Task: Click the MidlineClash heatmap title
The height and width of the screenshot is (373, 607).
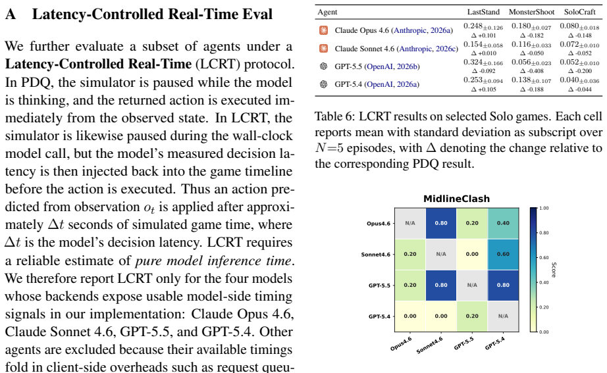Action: click(x=456, y=199)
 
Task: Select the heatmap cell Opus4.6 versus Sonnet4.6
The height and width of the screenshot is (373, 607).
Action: click(x=441, y=223)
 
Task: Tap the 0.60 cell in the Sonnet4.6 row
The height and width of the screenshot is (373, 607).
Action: click(x=503, y=254)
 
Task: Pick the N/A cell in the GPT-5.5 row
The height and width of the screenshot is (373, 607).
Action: click(x=472, y=285)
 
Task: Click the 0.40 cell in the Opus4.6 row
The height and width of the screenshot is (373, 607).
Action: click(x=503, y=223)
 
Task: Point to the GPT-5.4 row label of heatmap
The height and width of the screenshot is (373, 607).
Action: click(x=379, y=316)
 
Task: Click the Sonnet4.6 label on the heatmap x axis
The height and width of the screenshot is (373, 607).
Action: click(x=429, y=345)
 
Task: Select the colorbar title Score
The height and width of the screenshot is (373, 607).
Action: click(x=554, y=270)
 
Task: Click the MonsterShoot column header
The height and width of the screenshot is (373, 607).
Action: click(x=531, y=12)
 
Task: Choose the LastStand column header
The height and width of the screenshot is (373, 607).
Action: click(x=483, y=12)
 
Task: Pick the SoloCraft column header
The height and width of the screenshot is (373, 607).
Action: click(x=579, y=12)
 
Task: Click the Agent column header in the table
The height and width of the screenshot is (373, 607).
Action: click(x=327, y=12)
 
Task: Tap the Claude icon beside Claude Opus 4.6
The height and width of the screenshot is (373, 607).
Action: click(x=324, y=30)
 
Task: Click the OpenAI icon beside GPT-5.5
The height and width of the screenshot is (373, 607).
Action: click(x=324, y=66)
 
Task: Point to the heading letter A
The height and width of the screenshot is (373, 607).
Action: click(x=11, y=14)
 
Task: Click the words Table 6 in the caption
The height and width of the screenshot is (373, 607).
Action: click(x=332, y=116)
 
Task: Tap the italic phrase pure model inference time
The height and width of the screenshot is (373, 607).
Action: click(x=213, y=261)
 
